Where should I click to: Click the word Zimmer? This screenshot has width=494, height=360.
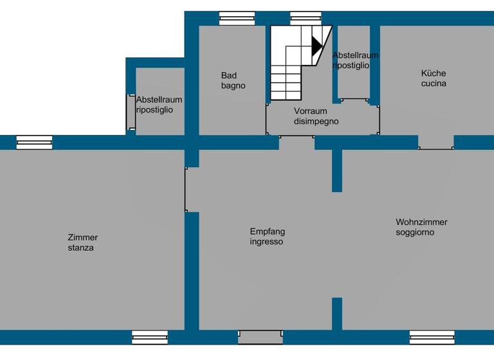click(82, 237)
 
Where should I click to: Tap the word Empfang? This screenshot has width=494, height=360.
click(267, 231)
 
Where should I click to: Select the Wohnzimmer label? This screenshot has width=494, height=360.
click(421, 222)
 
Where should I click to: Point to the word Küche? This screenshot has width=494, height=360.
click(434, 73)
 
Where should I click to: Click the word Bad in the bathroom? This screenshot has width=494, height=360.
click(228, 75)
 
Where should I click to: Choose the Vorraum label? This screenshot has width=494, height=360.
click(311, 111)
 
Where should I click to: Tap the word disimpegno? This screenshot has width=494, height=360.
click(316, 121)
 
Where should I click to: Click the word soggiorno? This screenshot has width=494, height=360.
click(415, 232)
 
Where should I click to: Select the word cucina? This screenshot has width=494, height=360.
click(434, 84)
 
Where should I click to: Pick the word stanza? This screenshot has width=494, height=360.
click(80, 248)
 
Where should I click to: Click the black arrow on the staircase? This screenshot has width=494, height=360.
click(316, 46)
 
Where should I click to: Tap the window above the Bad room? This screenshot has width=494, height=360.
click(237, 18)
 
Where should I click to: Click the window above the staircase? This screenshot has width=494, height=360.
click(306, 18)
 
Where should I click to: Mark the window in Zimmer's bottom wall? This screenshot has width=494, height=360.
click(150, 337)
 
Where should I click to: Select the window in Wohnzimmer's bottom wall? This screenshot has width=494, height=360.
click(432, 337)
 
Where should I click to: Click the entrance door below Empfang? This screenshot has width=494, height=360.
click(261, 336)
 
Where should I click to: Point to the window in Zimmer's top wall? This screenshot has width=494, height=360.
click(34, 142)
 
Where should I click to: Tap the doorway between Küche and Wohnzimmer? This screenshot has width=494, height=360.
click(436, 143)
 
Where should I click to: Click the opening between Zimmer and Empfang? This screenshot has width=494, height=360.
click(192, 190)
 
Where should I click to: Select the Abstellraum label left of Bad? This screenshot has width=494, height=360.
click(159, 100)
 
